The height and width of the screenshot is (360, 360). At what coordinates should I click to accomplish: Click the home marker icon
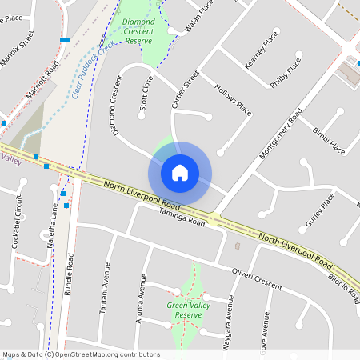click(x=180, y=173)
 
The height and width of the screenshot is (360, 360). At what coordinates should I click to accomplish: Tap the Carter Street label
click(x=185, y=90)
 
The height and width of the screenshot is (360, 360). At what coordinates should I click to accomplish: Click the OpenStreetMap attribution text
click(x=80, y=354)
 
